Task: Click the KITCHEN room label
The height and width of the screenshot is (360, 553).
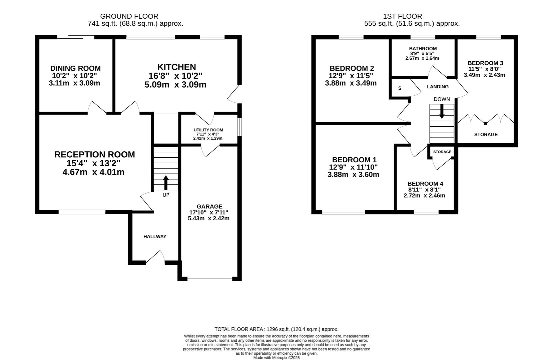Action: click(x=176, y=67)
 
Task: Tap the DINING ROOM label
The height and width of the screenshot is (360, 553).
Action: click(x=75, y=68)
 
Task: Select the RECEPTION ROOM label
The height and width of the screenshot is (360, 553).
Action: click(x=94, y=154)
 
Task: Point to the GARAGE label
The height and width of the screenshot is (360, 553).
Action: click(x=209, y=206)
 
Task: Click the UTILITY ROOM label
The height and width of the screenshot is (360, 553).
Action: click(x=208, y=130)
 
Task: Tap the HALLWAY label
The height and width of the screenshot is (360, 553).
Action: click(x=155, y=236)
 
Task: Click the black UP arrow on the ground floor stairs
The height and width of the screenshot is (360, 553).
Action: click(x=166, y=183)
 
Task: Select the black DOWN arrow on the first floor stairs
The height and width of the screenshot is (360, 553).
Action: click(x=442, y=112)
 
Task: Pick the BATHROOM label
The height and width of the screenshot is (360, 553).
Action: click(x=423, y=49)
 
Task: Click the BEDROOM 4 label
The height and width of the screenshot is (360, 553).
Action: click(x=425, y=184)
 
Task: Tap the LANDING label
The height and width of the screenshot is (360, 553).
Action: click(x=438, y=87)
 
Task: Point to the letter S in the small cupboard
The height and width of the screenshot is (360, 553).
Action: click(x=400, y=88)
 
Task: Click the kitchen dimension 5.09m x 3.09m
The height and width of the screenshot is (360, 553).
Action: click(x=175, y=84)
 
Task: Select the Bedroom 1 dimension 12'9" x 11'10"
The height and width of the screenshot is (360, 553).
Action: click(x=353, y=167)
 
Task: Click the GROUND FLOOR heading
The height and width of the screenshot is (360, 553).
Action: click(x=129, y=16)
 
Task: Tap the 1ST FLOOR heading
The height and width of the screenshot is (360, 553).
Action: click(x=402, y=16)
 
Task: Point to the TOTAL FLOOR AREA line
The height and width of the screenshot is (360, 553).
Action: click(x=276, y=329)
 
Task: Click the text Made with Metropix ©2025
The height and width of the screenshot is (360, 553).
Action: click(x=276, y=358)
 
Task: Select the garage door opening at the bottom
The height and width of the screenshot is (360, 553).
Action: click(x=209, y=279)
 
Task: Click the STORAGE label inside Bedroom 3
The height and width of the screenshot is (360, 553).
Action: click(x=486, y=134)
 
